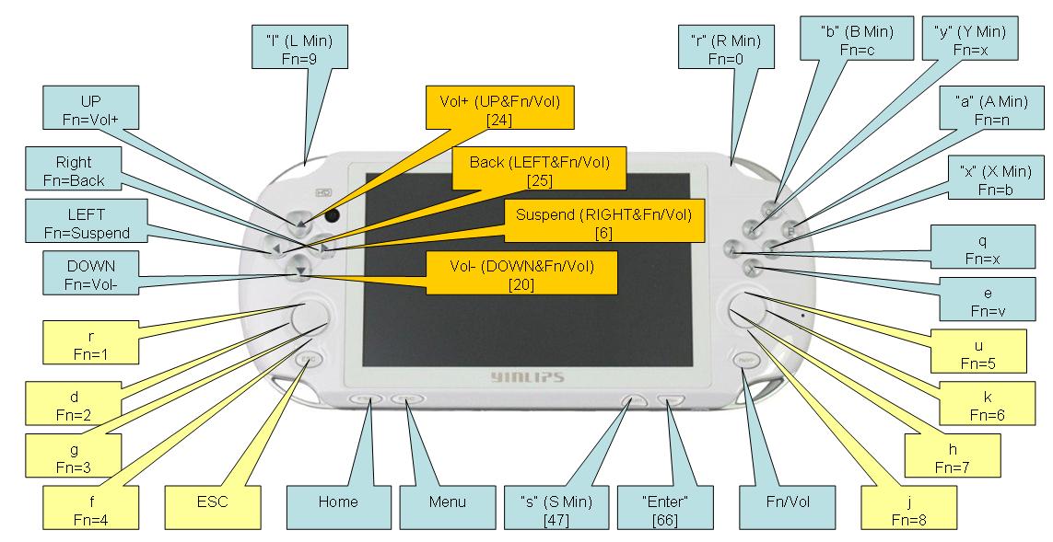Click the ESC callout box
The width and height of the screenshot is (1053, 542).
point(212,502)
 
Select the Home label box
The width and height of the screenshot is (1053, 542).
point(337,502)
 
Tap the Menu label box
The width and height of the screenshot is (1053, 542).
point(447,502)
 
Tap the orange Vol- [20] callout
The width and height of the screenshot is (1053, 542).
point(521,274)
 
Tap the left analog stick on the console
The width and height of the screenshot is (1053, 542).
point(309,317)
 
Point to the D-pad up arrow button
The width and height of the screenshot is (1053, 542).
point(299,222)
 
